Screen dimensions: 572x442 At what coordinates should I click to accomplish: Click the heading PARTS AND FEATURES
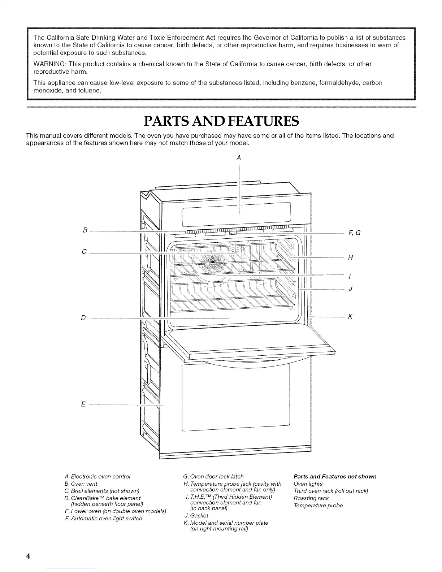221,121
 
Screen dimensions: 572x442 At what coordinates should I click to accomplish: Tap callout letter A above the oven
238,157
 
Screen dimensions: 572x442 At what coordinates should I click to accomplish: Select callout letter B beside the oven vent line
85,230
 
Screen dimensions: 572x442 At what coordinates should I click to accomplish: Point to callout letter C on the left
84,252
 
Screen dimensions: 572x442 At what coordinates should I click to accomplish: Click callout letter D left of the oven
83,318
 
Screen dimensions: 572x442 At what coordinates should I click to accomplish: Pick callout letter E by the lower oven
83,404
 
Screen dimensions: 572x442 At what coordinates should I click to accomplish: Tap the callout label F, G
354,233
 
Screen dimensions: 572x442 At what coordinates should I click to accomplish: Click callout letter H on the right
350,257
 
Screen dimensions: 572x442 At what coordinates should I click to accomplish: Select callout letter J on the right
350,289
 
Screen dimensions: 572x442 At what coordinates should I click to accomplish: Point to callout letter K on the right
350,317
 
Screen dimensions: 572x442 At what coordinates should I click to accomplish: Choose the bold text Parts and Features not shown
335,476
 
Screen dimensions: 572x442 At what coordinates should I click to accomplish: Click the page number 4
27,556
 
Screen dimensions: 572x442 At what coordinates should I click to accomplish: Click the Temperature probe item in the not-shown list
318,506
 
